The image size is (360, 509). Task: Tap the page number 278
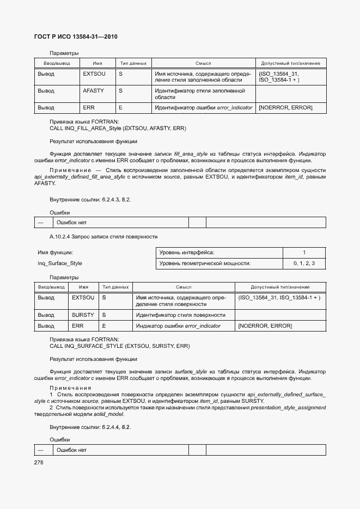tap(39, 462)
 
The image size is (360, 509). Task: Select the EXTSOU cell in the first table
tap(94, 73)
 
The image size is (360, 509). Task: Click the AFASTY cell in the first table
tap(93, 90)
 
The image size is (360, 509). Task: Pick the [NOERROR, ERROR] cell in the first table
tap(285, 108)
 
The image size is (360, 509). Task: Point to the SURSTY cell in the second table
tap(83, 315)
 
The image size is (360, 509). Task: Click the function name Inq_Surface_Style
tap(60, 263)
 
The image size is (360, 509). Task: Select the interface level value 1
tap(304, 253)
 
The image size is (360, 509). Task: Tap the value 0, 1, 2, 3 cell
tap(304, 263)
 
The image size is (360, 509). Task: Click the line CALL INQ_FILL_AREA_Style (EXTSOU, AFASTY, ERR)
tap(118, 128)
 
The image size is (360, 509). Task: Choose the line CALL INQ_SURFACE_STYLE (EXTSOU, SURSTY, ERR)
tap(120, 346)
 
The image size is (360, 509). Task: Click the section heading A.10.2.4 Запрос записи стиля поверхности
tap(103, 237)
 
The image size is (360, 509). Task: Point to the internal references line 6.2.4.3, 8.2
tap(90, 199)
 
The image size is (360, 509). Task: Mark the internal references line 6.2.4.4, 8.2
tap(90, 427)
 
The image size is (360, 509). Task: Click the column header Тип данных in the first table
tap(133, 63)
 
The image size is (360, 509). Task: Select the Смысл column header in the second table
tap(183, 287)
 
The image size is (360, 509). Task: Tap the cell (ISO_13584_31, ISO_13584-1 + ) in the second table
tap(279, 298)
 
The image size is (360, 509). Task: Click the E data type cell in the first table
tap(120, 108)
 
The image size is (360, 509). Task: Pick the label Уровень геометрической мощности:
tap(205, 263)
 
